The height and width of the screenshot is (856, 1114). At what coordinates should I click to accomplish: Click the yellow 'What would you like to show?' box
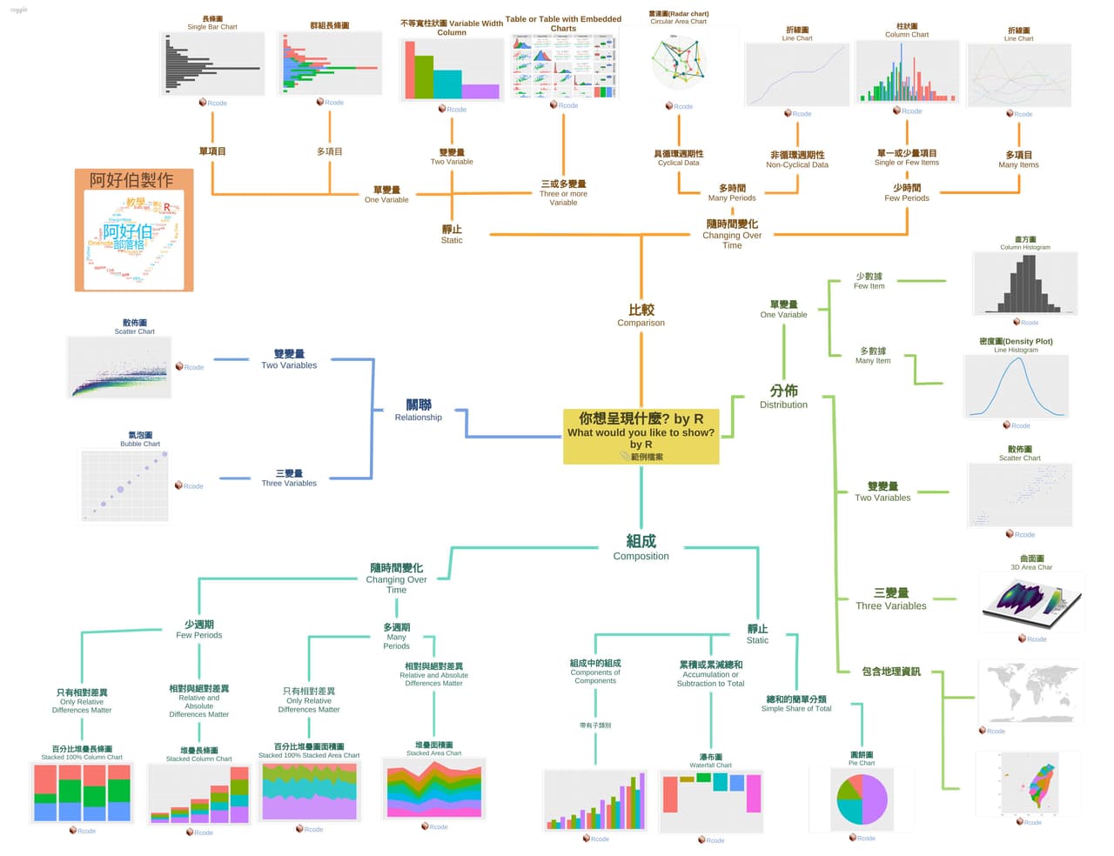click(x=641, y=436)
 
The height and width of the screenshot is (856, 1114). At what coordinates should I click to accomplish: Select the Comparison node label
click(x=641, y=316)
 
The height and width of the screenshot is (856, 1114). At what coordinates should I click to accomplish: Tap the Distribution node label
click(x=783, y=397)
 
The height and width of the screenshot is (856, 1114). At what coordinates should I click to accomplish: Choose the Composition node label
click(x=641, y=548)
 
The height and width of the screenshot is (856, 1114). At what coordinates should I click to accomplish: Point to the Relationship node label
click(x=419, y=411)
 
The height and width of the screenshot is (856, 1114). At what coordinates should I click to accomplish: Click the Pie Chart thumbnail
click(x=861, y=799)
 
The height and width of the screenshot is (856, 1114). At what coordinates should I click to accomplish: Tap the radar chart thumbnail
click(x=678, y=63)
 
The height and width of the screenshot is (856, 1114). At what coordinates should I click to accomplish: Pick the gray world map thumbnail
click(x=1032, y=692)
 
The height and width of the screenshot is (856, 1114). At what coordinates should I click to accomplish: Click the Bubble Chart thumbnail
click(x=124, y=485)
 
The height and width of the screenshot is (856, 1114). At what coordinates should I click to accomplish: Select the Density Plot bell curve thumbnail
click(x=1016, y=387)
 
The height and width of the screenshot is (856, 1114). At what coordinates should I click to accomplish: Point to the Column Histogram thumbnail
click(x=1024, y=284)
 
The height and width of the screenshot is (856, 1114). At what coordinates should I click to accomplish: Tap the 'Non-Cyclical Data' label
click(x=797, y=160)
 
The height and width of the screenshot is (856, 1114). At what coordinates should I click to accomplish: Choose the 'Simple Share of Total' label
click(x=796, y=704)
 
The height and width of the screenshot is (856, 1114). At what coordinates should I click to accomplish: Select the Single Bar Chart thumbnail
click(x=212, y=64)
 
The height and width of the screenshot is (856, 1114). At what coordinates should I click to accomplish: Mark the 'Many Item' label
click(x=872, y=356)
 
